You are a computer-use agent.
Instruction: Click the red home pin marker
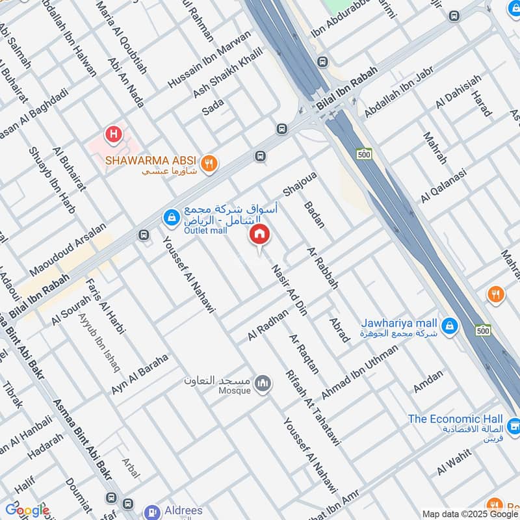tap(260, 235)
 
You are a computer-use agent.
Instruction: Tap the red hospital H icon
tap(114, 135)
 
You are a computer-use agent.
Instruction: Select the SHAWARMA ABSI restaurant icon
tap(209, 163)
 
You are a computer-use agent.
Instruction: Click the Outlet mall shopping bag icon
tap(170, 218)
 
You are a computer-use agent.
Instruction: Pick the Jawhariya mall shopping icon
tap(448, 325)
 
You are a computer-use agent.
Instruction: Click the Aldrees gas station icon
tap(153, 512)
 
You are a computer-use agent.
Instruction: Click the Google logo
tap(27, 510)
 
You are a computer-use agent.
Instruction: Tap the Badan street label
tap(315, 214)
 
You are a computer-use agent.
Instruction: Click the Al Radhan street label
tap(267, 326)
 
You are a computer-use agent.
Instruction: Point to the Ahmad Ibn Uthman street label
tap(359, 367)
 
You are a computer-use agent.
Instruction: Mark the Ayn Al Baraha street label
tap(140, 374)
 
